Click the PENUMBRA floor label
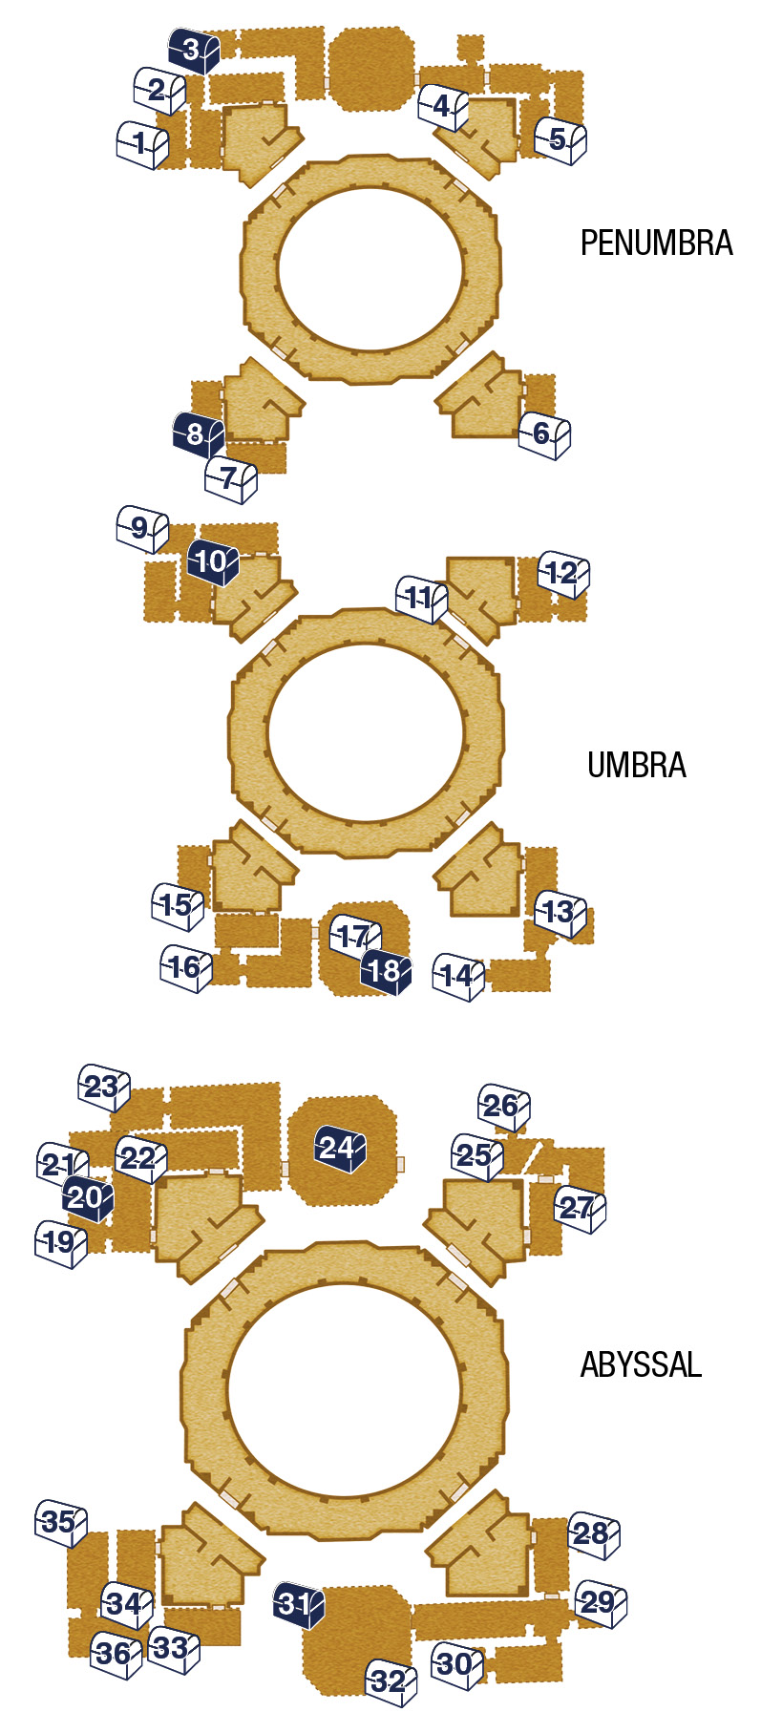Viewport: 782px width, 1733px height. [x=656, y=243]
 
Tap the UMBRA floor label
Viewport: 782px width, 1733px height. [x=637, y=765]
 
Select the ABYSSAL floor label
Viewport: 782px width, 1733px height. [x=641, y=1364]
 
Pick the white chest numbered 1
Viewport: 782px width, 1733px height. [x=143, y=145]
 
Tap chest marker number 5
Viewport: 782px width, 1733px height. [x=560, y=140]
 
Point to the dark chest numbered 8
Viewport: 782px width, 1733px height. [x=198, y=434]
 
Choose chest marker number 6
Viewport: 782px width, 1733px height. [x=544, y=435]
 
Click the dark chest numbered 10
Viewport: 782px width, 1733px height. [x=212, y=562]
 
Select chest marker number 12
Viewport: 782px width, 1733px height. [x=563, y=574]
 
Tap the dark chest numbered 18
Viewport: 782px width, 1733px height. [x=386, y=972]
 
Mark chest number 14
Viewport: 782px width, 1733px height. [x=458, y=977]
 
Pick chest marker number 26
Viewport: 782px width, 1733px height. [x=504, y=1108]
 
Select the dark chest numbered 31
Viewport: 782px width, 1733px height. [x=300, y=1605]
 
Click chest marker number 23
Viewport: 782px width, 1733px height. [x=104, y=1088]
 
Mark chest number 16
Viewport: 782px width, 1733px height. [x=186, y=968]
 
